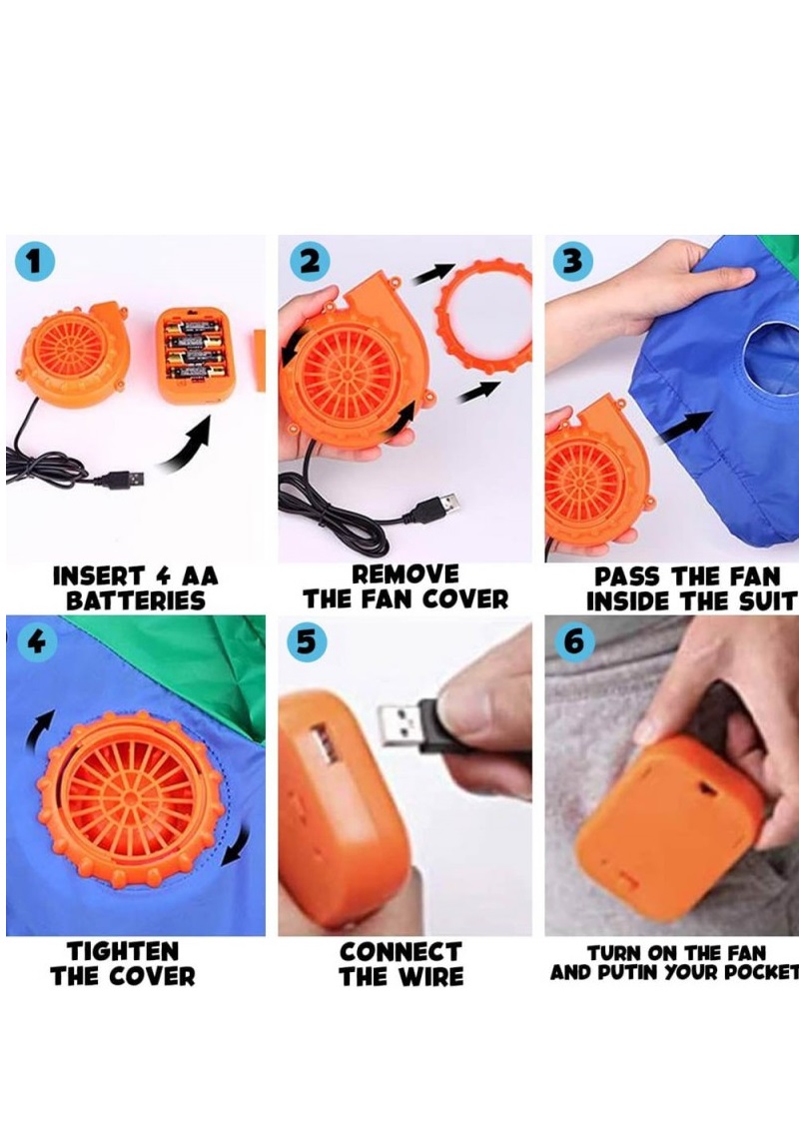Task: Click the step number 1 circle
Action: coord(35,261)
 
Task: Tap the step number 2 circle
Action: coord(310,261)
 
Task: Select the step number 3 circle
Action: coord(572,261)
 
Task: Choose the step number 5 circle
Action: coord(307,641)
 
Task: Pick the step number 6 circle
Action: coord(574,641)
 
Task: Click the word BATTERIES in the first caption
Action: coord(136,600)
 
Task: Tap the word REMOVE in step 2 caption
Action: coord(404,574)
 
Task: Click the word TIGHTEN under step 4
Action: coord(123,951)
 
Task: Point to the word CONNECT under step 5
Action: coord(400,952)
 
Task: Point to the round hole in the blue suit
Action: coord(770,358)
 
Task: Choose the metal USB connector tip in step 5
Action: coord(400,724)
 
